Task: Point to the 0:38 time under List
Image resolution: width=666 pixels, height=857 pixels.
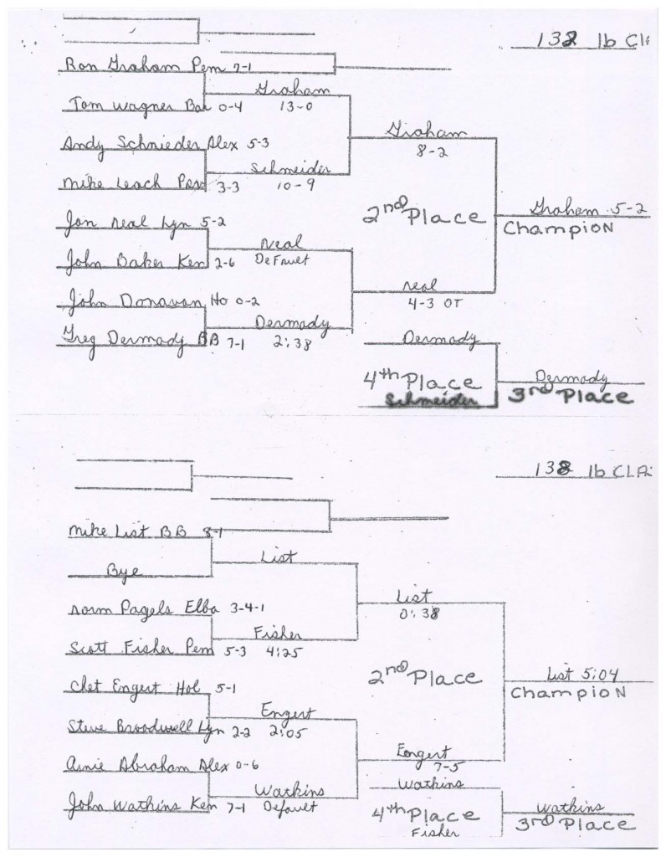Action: [415, 613]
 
